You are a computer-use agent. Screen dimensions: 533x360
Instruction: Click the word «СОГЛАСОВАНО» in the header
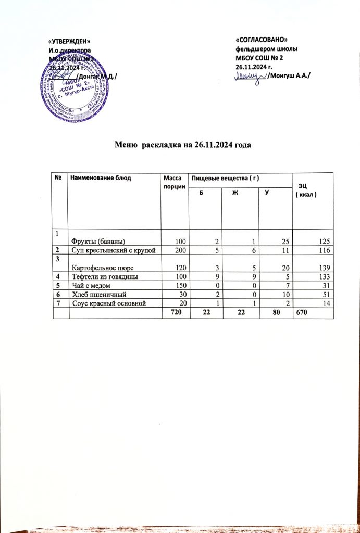pyautogui.click(x=262, y=40)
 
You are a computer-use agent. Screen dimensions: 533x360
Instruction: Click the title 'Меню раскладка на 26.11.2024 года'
pyautogui.click(x=183, y=144)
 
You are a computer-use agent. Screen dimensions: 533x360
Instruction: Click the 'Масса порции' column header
pyautogui.click(x=172, y=182)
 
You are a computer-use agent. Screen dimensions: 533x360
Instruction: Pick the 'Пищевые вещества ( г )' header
pyautogui.click(x=224, y=179)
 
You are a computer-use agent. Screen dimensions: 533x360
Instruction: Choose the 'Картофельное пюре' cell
pyautogui.click(x=102, y=267)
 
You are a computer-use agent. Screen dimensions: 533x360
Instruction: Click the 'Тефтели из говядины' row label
pyautogui.click(x=104, y=277)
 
